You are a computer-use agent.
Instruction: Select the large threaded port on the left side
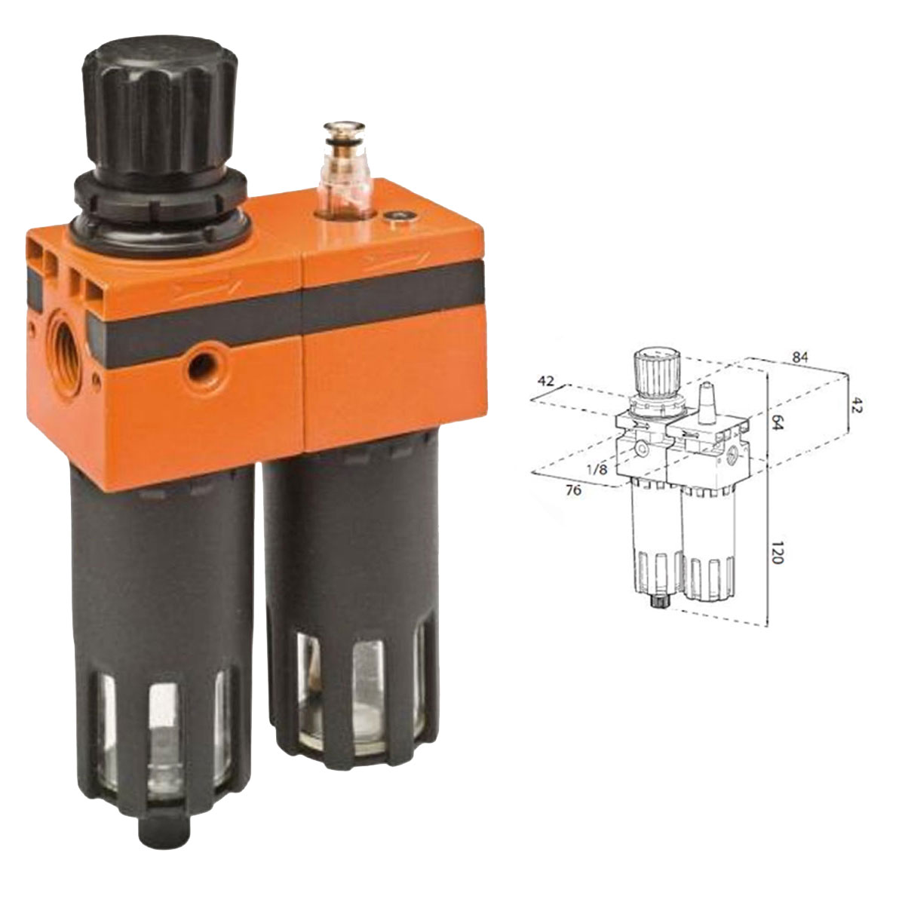pos(68,350)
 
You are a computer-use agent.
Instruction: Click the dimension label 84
pos(800,357)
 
